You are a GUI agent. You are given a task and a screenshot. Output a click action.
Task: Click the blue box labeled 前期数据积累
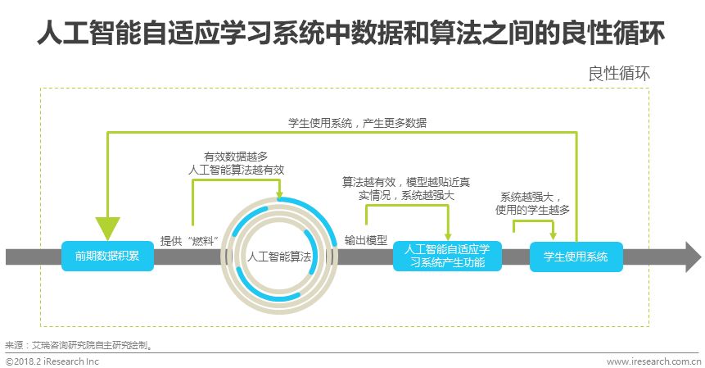tap(102, 256)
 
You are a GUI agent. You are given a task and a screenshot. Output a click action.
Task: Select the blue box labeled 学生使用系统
tap(576, 257)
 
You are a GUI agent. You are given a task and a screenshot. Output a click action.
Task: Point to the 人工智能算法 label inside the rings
tap(279, 256)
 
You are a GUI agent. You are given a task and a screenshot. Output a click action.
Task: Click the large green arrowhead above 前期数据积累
tap(107, 228)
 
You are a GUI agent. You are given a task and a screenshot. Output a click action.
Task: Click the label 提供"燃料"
tap(190, 240)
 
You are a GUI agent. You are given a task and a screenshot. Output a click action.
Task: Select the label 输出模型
tap(365, 240)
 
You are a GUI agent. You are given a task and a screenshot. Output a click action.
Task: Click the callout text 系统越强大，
tap(531, 196)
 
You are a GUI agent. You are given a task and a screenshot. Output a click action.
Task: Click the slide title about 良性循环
tap(351, 34)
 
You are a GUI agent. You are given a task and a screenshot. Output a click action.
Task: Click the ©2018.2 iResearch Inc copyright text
tap(52, 361)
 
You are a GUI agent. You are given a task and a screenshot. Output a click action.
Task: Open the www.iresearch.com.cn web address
tap(652, 361)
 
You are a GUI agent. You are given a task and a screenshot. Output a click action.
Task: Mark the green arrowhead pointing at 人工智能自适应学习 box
tap(448, 236)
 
